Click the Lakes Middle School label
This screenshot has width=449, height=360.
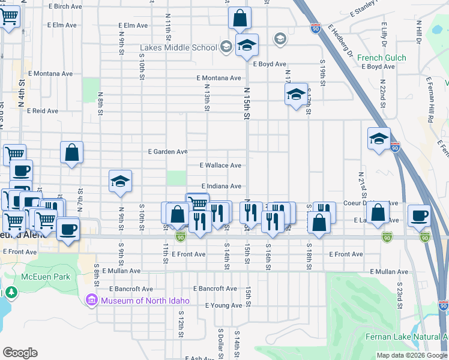tap(178, 48)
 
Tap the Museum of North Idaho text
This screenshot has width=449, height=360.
tap(145, 301)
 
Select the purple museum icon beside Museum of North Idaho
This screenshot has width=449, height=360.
tap(92, 299)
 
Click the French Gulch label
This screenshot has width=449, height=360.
tap(381, 58)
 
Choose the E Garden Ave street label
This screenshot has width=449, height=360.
tap(168, 152)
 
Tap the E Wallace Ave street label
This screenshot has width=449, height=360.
tap(220, 165)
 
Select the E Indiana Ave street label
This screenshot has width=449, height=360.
tap(221, 186)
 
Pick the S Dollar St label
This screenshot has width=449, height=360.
tap(220, 341)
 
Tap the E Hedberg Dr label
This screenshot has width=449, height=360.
tap(340, 41)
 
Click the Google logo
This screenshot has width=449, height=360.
tap(20, 353)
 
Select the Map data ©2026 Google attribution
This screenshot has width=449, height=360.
tap(411, 355)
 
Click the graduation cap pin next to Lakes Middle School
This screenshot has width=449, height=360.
tap(246, 45)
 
